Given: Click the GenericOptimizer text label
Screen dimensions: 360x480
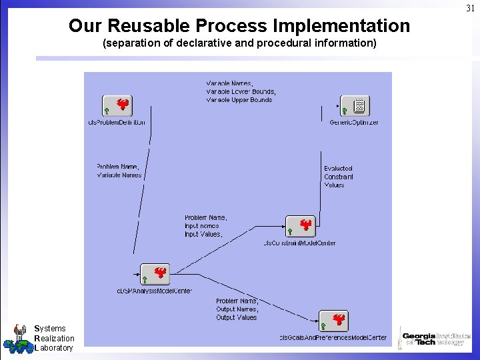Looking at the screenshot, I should (354, 123).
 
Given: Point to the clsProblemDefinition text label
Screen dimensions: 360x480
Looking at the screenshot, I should (117, 123).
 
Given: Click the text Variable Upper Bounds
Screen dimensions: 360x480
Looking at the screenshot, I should (239, 100).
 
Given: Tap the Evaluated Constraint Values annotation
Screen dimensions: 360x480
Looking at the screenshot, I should (339, 177).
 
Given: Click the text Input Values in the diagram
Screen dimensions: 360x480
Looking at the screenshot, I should (203, 235).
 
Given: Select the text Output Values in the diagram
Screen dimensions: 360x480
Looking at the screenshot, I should (236, 317).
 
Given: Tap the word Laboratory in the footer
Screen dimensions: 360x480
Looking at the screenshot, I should (53, 347).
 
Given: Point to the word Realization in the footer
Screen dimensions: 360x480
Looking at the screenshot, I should (54, 338).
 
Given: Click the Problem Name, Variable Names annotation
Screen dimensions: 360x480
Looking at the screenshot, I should (119, 171).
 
